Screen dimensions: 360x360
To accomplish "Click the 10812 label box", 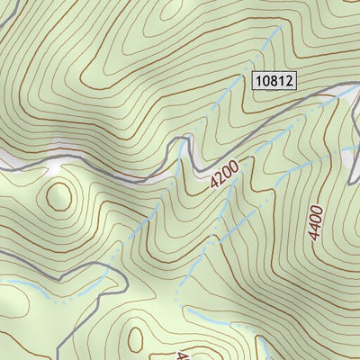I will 274,82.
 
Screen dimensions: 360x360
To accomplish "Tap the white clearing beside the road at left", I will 54,166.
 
